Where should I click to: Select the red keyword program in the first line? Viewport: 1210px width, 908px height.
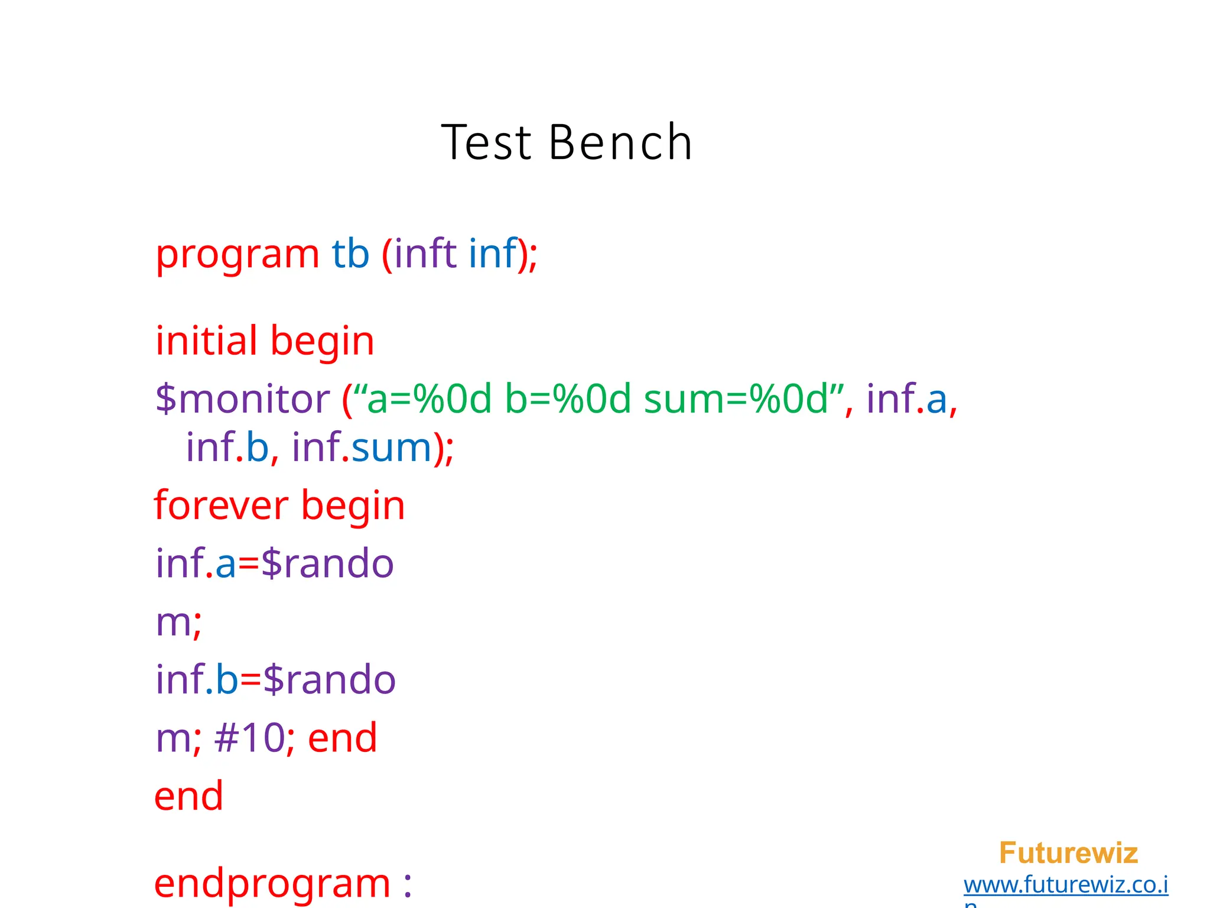238,255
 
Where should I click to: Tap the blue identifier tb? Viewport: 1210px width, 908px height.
350,254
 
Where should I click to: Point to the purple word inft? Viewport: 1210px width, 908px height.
425,254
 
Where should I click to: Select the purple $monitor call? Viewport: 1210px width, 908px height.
242,399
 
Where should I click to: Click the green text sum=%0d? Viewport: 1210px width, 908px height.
736,399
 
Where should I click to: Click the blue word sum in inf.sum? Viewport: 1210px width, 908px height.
392,447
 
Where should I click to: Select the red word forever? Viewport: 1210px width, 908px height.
221,506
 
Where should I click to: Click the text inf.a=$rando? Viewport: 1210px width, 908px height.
275,563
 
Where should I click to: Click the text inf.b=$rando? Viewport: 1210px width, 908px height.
276,680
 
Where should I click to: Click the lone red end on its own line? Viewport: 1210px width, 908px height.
188,796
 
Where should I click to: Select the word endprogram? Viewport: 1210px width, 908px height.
272,884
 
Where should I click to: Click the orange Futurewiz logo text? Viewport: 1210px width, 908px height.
1068,853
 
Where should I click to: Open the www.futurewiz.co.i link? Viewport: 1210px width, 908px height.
1065,885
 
